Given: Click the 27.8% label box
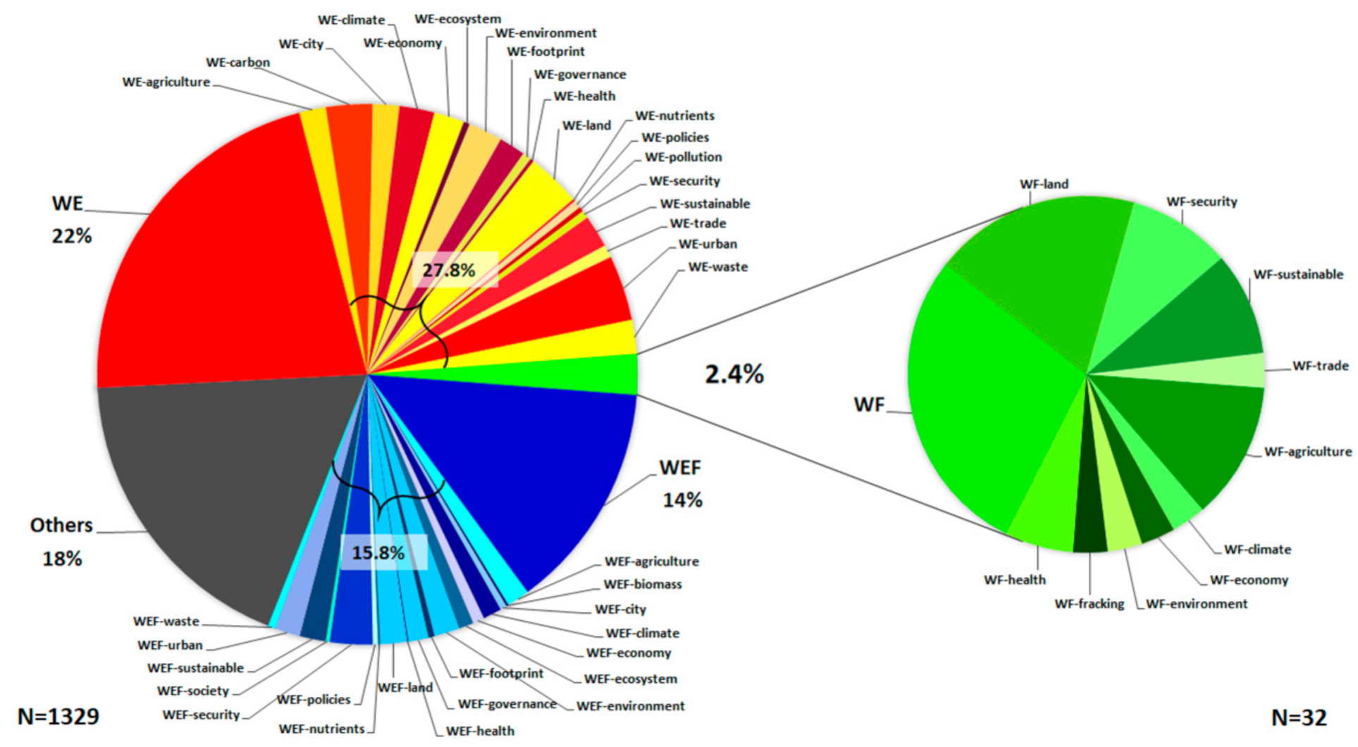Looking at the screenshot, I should pos(449,270).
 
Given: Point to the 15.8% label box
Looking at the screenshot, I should pos(379,552).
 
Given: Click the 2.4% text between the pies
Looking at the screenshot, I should pos(734,374).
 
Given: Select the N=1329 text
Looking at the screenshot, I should pos(58,717).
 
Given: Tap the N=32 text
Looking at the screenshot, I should pos(1299,717).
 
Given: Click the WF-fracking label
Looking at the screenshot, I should pos(1089,604).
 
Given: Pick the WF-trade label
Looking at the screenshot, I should pos(1320,366).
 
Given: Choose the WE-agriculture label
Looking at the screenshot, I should pos(166,82).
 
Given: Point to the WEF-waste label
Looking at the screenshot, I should pos(166,622).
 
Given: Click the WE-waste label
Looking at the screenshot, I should pos(717,267).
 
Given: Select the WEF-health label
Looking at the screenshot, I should pos(480,731).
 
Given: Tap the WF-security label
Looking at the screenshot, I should pos(1202,202).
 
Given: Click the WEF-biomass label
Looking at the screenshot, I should pos(643,584).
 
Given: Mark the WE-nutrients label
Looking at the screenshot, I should pos(674,116).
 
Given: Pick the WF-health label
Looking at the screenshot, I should pos(1015,580).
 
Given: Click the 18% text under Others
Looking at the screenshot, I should pos(62,559).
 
